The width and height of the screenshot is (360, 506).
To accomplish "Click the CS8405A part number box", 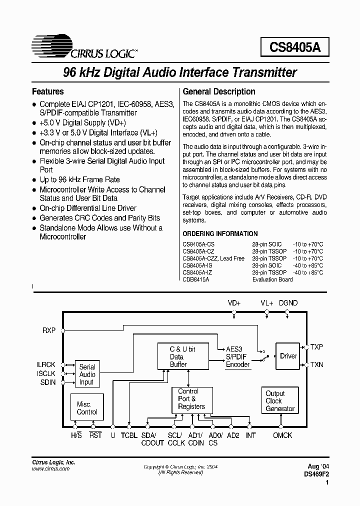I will coord(294,47).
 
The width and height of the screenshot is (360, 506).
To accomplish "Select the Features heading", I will coord(47,91).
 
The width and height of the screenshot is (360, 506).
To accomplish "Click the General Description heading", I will coord(219,91).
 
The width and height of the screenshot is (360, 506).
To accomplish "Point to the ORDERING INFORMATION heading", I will coord(220,233).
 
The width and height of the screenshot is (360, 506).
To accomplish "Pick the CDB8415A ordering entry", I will coord(196,279).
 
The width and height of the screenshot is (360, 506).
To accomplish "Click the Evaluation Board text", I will coord(272,279).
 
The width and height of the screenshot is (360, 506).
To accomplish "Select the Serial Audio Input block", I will coord(87,374).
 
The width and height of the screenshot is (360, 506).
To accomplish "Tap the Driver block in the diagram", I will coord(288,356).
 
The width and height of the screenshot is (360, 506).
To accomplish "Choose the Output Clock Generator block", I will coord(279,400).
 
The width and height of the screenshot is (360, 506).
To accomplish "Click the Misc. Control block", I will coord(87,408).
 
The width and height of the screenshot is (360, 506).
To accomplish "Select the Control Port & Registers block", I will coord(191,399).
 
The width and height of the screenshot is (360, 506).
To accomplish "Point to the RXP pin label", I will coord(49,330).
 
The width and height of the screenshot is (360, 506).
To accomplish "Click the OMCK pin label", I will coord(282,435).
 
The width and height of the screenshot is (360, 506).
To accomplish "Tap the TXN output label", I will coord(317,364).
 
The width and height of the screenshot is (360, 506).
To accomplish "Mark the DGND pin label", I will coord(287,303).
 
